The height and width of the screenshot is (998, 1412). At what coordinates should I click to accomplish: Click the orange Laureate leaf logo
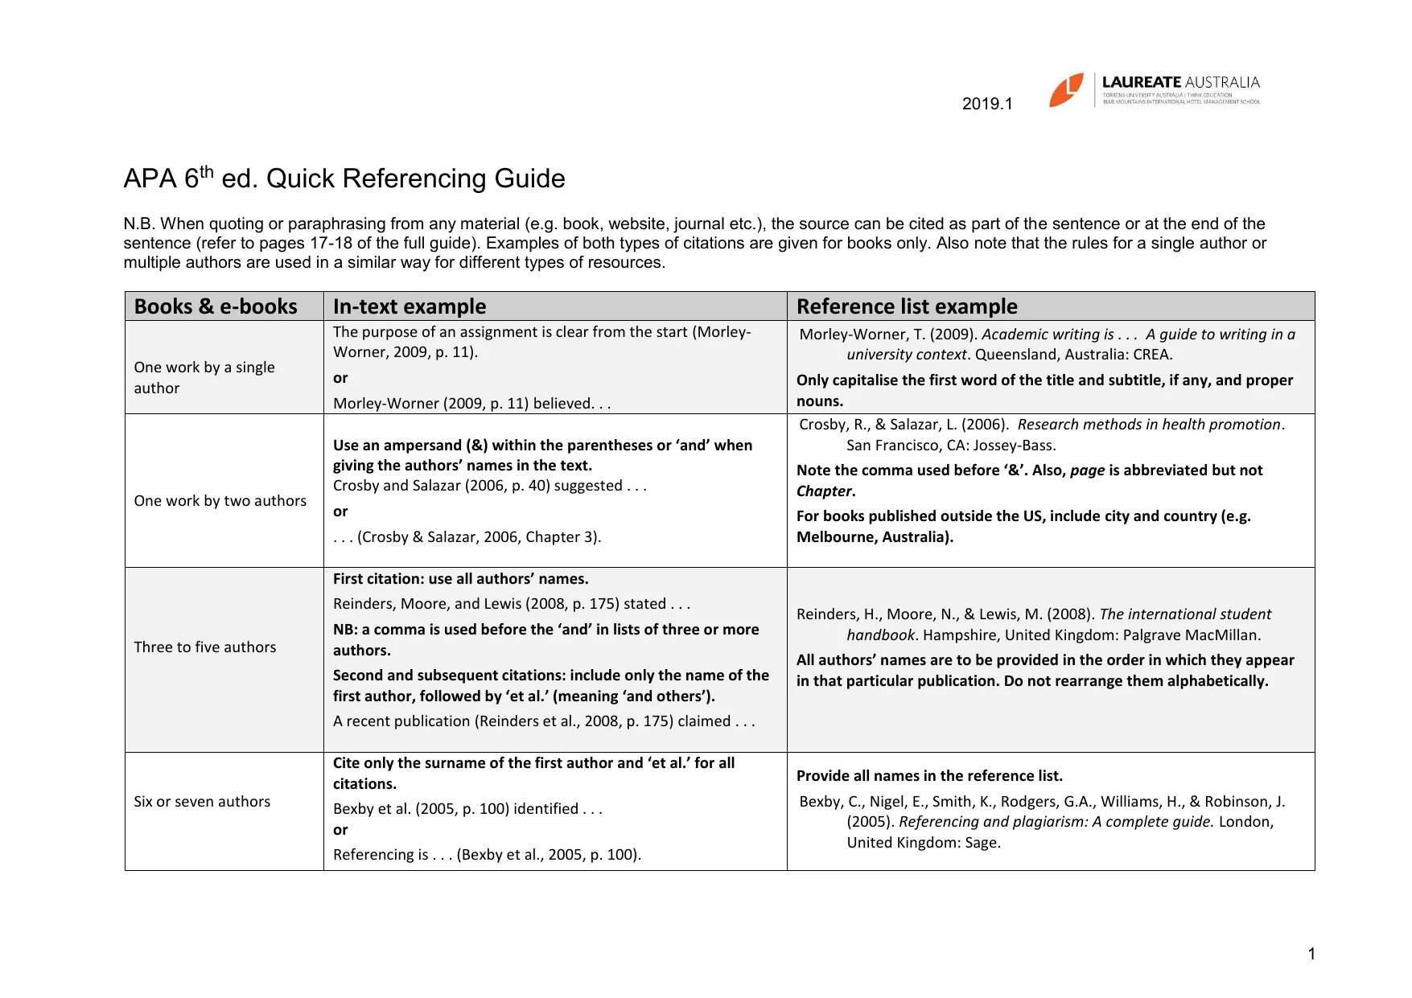point(1066,89)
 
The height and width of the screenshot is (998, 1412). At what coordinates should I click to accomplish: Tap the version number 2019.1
point(987,104)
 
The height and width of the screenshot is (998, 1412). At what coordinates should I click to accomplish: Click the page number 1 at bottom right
point(1311,954)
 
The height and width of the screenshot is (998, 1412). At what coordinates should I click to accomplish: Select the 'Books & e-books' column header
point(216,306)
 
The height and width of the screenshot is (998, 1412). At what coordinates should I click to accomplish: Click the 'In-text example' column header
point(410,306)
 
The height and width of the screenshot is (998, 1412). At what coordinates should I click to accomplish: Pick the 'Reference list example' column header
point(907,306)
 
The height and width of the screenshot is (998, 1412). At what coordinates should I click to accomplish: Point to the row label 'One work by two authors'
point(220,500)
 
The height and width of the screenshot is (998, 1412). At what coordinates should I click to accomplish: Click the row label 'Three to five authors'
point(204,647)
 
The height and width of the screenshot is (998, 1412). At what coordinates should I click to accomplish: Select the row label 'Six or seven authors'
point(202,801)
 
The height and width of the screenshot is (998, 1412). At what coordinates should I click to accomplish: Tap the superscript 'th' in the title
point(207,170)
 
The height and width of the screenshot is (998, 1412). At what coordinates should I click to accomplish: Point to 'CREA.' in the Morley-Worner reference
point(1152,355)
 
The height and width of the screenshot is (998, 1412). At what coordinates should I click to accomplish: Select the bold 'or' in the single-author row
point(340,378)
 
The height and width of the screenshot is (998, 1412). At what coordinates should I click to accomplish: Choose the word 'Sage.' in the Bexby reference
point(982,843)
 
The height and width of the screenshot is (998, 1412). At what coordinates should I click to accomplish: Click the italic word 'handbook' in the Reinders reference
point(880,635)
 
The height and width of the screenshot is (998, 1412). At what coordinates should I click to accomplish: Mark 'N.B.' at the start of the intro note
point(139,224)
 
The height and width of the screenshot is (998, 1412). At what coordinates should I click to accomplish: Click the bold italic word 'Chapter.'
point(825,491)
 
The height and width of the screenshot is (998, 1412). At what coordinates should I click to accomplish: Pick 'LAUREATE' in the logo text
point(1141,82)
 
